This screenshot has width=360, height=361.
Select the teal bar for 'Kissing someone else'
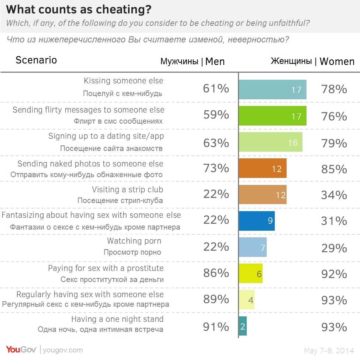[272, 90]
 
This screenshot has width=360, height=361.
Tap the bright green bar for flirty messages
[272, 116]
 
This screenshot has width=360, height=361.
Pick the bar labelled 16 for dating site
[270, 142]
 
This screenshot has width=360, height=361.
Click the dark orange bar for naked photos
[262, 168]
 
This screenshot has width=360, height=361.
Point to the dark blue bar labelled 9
[256, 221]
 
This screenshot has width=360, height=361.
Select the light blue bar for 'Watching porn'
[252, 247]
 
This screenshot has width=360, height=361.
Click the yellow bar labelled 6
[250, 274]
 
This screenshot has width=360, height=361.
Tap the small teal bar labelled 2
[242, 326]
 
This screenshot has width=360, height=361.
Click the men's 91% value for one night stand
[216, 327]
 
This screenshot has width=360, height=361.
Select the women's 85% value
[334, 169]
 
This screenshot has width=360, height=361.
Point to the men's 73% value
[216, 168]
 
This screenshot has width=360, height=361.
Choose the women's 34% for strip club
[334, 195]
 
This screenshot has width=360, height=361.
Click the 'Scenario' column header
[36, 60]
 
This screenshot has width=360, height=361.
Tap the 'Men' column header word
[215, 62]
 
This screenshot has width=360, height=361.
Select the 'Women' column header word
[337, 62]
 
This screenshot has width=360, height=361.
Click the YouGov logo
[21, 350]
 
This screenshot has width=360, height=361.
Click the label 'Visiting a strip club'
[127, 190]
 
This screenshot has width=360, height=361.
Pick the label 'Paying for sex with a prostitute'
[105, 268]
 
